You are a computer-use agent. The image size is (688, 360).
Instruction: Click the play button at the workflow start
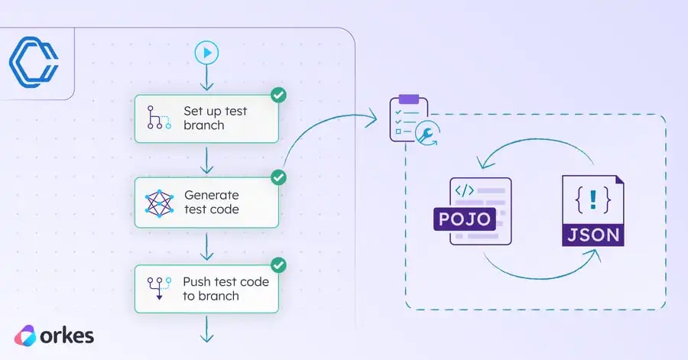coord(206,53)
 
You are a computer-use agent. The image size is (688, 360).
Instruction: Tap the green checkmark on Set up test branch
coord(279,96)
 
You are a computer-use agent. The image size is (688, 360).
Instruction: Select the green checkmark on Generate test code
coord(279,177)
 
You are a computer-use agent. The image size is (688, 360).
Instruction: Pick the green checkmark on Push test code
coord(279,265)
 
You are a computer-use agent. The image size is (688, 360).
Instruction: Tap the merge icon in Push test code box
coord(157,289)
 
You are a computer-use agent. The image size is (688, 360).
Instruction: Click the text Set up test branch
coord(215,118)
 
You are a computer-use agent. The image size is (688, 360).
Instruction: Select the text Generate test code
coord(212,203)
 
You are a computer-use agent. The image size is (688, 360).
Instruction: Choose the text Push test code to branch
coord(226,289)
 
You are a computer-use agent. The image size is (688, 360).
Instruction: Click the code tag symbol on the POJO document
coord(465,189)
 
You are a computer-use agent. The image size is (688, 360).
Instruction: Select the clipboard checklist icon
coord(407,117)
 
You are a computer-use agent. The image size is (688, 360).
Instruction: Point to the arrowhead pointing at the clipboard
coord(373,118)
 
